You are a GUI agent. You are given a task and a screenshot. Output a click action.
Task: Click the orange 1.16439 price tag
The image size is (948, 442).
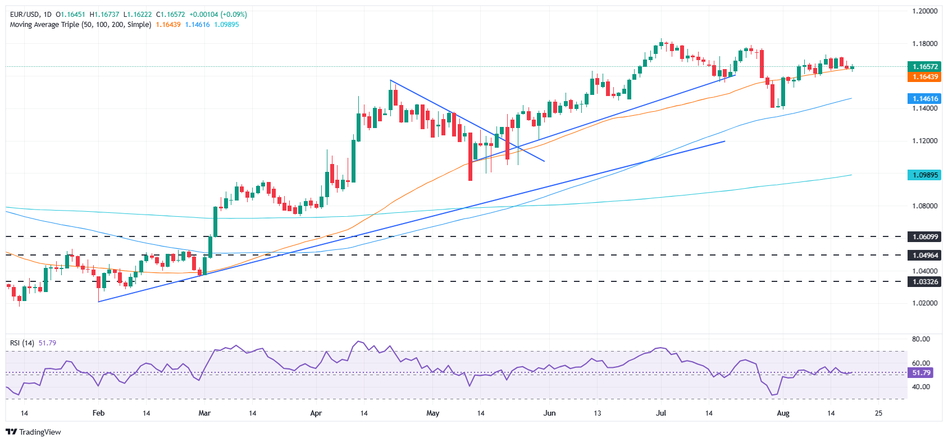point(924,77)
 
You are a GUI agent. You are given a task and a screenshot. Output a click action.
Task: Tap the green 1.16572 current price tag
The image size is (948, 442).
point(924,66)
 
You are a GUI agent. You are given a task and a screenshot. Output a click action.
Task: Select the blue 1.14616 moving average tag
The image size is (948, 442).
point(924,98)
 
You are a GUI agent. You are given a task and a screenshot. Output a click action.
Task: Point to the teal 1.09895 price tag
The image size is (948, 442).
point(924,175)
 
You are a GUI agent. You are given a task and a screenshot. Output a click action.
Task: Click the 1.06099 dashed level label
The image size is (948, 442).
point(924,237)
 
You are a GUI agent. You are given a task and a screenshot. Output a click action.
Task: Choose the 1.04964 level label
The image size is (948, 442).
point(924,255)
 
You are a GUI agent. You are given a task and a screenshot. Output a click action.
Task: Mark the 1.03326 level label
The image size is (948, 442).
point(924,281)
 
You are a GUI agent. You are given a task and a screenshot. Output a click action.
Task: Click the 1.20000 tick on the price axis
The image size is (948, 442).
point(924,11)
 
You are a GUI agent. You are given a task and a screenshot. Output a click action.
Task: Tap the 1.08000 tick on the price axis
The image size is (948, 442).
point(924,206)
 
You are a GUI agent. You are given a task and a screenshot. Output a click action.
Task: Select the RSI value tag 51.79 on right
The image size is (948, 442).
point(921,373)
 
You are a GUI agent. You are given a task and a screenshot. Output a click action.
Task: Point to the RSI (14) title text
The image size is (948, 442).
point(22,343)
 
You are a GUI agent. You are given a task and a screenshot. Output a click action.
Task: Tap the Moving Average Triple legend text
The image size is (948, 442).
point(80,25)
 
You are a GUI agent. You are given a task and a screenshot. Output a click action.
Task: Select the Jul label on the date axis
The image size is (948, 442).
point(661,413)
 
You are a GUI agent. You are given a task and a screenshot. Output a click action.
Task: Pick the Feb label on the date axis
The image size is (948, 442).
point(98,413)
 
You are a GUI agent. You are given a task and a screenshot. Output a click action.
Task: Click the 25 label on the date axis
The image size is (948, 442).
point(878,413)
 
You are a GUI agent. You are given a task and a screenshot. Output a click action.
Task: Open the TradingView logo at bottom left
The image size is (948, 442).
point(33,432)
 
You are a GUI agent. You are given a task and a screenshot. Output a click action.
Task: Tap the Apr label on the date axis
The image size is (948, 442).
point(316,413)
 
